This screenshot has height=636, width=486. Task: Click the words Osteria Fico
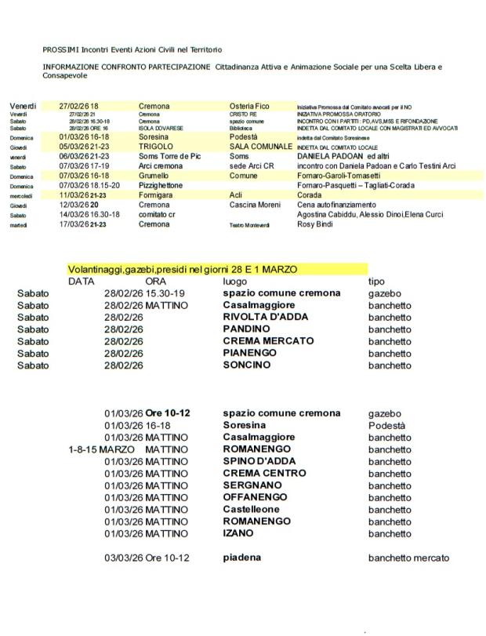coord(249,106)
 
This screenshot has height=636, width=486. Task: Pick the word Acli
coord(238,194)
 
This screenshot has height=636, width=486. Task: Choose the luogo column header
coord(235,281)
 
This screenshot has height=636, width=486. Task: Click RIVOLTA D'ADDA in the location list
coord(266,317)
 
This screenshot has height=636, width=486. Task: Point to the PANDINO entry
coord(247,329)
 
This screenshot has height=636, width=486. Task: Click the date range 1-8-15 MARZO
coord(102,450)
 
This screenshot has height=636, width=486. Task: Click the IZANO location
coord(238,533)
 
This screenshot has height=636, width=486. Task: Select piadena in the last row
coord(242,558)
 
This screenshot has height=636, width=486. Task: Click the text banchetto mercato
coord(408,558)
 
